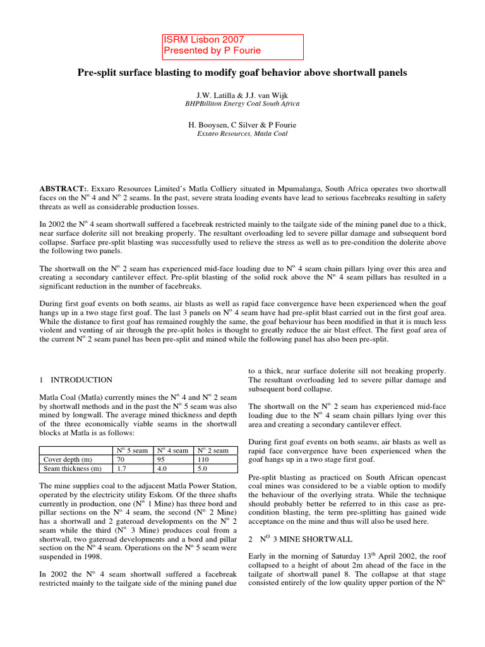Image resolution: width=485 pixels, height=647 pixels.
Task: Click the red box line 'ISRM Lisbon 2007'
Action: tap(199, 39)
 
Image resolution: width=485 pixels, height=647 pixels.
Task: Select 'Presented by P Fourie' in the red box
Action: tap(212, 51)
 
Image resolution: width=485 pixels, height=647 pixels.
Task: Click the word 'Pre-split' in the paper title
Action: tap(98, 73)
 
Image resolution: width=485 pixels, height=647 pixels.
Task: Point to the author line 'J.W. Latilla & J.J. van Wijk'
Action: tap(242, 94)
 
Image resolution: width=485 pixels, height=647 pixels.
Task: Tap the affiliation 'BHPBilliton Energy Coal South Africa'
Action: tap(242, 103)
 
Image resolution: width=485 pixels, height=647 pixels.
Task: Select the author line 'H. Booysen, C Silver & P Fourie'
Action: tap(242, 125)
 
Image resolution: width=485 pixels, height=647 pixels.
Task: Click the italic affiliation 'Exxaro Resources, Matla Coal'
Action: tap(242, 134)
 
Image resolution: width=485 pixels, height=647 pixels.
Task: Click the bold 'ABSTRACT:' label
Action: tap(62, 189)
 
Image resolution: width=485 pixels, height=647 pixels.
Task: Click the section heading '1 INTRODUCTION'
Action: tap(76, 380)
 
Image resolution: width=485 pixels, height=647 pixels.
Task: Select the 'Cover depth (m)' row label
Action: tap(64, 459)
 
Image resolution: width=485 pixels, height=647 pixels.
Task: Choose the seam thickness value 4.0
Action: tap(162, 469)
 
